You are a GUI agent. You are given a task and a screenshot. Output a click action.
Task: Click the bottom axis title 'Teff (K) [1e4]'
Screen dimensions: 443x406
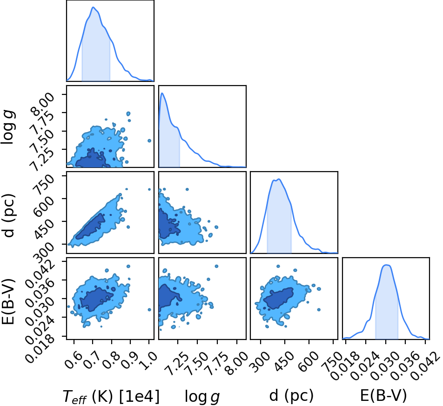click(111, 396)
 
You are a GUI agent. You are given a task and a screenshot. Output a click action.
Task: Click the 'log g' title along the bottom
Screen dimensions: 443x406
click(202, 397)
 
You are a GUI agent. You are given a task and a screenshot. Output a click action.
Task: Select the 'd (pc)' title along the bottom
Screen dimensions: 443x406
click(291, 396)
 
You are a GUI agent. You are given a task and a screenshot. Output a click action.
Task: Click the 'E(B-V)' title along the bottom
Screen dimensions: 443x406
click(383, 396)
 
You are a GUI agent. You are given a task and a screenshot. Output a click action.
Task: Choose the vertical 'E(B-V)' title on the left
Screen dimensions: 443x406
click(8, 301)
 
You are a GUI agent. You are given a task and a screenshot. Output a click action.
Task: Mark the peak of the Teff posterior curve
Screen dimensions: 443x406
click(93, 7)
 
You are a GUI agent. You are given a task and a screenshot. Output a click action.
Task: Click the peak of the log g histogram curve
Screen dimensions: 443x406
click(162, 93)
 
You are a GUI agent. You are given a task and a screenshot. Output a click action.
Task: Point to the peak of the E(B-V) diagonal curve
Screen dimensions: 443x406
click(386, 265)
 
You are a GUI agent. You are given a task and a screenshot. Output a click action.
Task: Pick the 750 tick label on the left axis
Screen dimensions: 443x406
click(44, 184)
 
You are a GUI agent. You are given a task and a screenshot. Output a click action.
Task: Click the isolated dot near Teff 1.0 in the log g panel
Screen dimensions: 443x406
click(149, 140)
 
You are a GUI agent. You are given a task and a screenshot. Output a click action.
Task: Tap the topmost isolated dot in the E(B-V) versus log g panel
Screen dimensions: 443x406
click(217, 266)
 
